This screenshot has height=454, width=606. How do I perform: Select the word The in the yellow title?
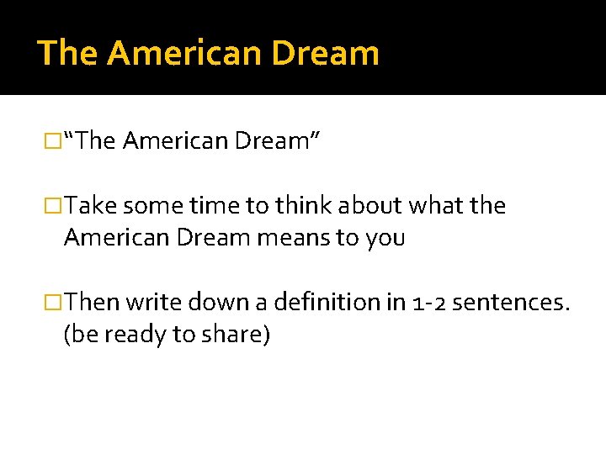click(68, 52)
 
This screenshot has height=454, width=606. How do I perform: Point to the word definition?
click(323, 302)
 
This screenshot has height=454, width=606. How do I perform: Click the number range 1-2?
click(428, 302)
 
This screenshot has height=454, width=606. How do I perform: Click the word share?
click(233, 334)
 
